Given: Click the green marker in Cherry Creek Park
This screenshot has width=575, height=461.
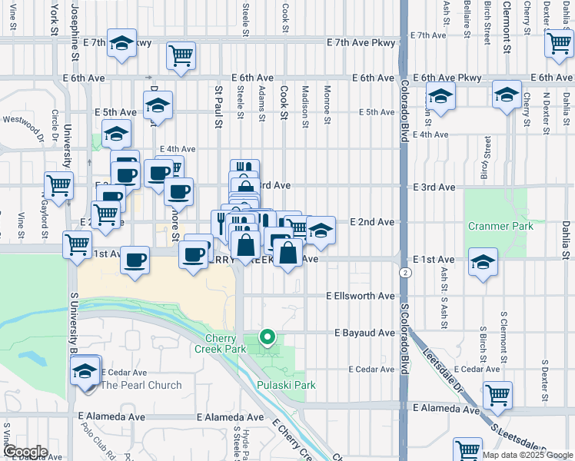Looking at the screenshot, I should click(268, 337).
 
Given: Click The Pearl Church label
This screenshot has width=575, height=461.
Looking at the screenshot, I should click(141, 386).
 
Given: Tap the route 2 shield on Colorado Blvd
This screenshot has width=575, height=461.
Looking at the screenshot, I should click(404, 272).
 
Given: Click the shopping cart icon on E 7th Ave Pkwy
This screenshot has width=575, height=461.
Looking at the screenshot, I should click(181, 55).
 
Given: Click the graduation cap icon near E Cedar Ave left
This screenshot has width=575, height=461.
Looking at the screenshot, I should click(85, 372).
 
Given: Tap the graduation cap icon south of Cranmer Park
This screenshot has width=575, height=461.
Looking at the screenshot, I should click(482, 264).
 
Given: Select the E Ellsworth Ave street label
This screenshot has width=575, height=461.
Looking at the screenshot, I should click(360, 296).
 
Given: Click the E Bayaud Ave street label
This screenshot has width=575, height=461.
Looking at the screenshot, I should click(364, 333).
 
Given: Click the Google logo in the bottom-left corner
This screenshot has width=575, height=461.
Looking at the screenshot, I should click(25, 452).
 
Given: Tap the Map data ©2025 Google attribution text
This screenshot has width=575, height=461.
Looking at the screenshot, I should click(527, 455).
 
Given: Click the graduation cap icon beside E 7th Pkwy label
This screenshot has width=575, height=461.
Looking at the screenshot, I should click(121, 45).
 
